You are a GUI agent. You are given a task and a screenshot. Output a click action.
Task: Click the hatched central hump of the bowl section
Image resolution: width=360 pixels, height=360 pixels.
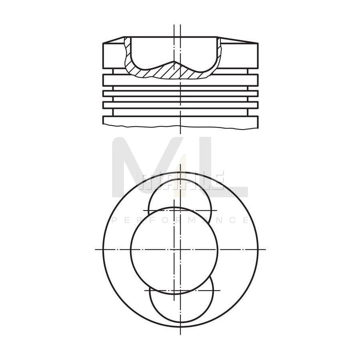[x=176, y=70]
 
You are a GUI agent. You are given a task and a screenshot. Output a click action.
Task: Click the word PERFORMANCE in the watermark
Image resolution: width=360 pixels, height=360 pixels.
[x=180, y=220]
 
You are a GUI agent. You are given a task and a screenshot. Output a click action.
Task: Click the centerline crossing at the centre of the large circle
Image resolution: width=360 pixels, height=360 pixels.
[x=180, y=249]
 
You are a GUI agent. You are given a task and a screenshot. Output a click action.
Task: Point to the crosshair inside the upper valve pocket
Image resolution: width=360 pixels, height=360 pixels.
[x=180, y=210]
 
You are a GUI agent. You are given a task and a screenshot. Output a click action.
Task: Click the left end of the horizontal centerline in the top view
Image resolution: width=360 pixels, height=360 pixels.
[x=96, y=249]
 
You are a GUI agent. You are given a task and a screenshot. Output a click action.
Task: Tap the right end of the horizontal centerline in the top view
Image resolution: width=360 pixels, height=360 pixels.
[x=265, y=249]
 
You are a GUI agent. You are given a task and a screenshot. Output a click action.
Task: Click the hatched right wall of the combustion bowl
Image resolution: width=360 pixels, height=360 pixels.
[x=219, y=56]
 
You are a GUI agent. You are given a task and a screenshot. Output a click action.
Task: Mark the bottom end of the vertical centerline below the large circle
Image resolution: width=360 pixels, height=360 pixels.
[x=180, y=334]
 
